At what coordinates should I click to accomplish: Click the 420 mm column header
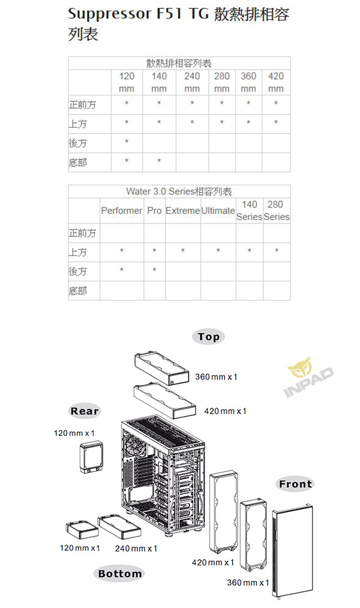click(276, 82)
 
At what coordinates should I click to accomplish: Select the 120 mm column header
click(127, 82)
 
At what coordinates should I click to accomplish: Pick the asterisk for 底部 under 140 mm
click(159, 161)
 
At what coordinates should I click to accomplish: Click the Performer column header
click(121, 210)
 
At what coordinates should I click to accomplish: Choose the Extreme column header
click(183, 210)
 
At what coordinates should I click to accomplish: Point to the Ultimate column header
click(218, 210)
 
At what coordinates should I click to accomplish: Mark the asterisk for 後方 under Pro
click(154, 270)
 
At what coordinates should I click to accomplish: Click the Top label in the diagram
click(209, 337)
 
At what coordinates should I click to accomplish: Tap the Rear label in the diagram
click(85, 411)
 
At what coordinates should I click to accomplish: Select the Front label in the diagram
click(296, 484)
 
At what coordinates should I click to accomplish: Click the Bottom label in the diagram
click(120, 573)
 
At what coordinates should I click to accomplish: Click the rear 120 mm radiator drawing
click(91, 457)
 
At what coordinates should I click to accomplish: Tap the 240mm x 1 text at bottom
click(136, 548)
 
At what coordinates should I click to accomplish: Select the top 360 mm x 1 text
click(216, 377)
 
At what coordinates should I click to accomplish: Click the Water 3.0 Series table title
click(179, 191)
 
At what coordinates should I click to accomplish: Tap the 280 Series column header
click(276, 210)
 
